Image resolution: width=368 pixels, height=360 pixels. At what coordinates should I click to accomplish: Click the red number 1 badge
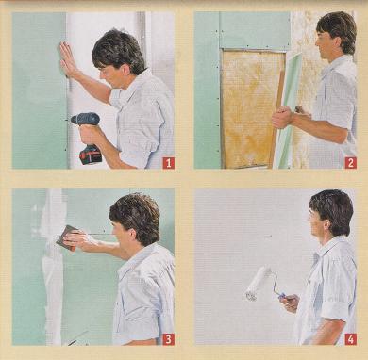click(168, 163)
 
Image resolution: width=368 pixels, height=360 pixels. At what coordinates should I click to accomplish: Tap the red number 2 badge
click(351, 163)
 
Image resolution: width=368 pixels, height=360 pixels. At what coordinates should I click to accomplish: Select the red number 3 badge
click(168, 339)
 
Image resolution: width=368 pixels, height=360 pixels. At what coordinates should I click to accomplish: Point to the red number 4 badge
click(351, 339)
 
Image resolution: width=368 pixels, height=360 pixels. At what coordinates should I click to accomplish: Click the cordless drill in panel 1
click(88, 135)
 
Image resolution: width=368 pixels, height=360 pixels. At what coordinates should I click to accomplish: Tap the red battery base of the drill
click(91, 155)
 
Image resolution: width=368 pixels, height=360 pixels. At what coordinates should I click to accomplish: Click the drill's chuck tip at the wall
click(71, 120)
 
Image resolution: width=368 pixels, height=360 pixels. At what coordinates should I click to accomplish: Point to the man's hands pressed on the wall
click(68, 59)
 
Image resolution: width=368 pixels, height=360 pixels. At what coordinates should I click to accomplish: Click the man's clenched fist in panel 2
click(282, 117)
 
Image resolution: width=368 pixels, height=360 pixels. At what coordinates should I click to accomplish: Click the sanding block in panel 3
click(67, 237)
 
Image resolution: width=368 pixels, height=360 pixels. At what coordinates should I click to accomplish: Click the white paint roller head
click(258, 284)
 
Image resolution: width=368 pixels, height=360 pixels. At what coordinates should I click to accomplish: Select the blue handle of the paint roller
click(282, 296)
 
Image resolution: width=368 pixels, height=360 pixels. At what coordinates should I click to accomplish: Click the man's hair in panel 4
click(333, 209)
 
